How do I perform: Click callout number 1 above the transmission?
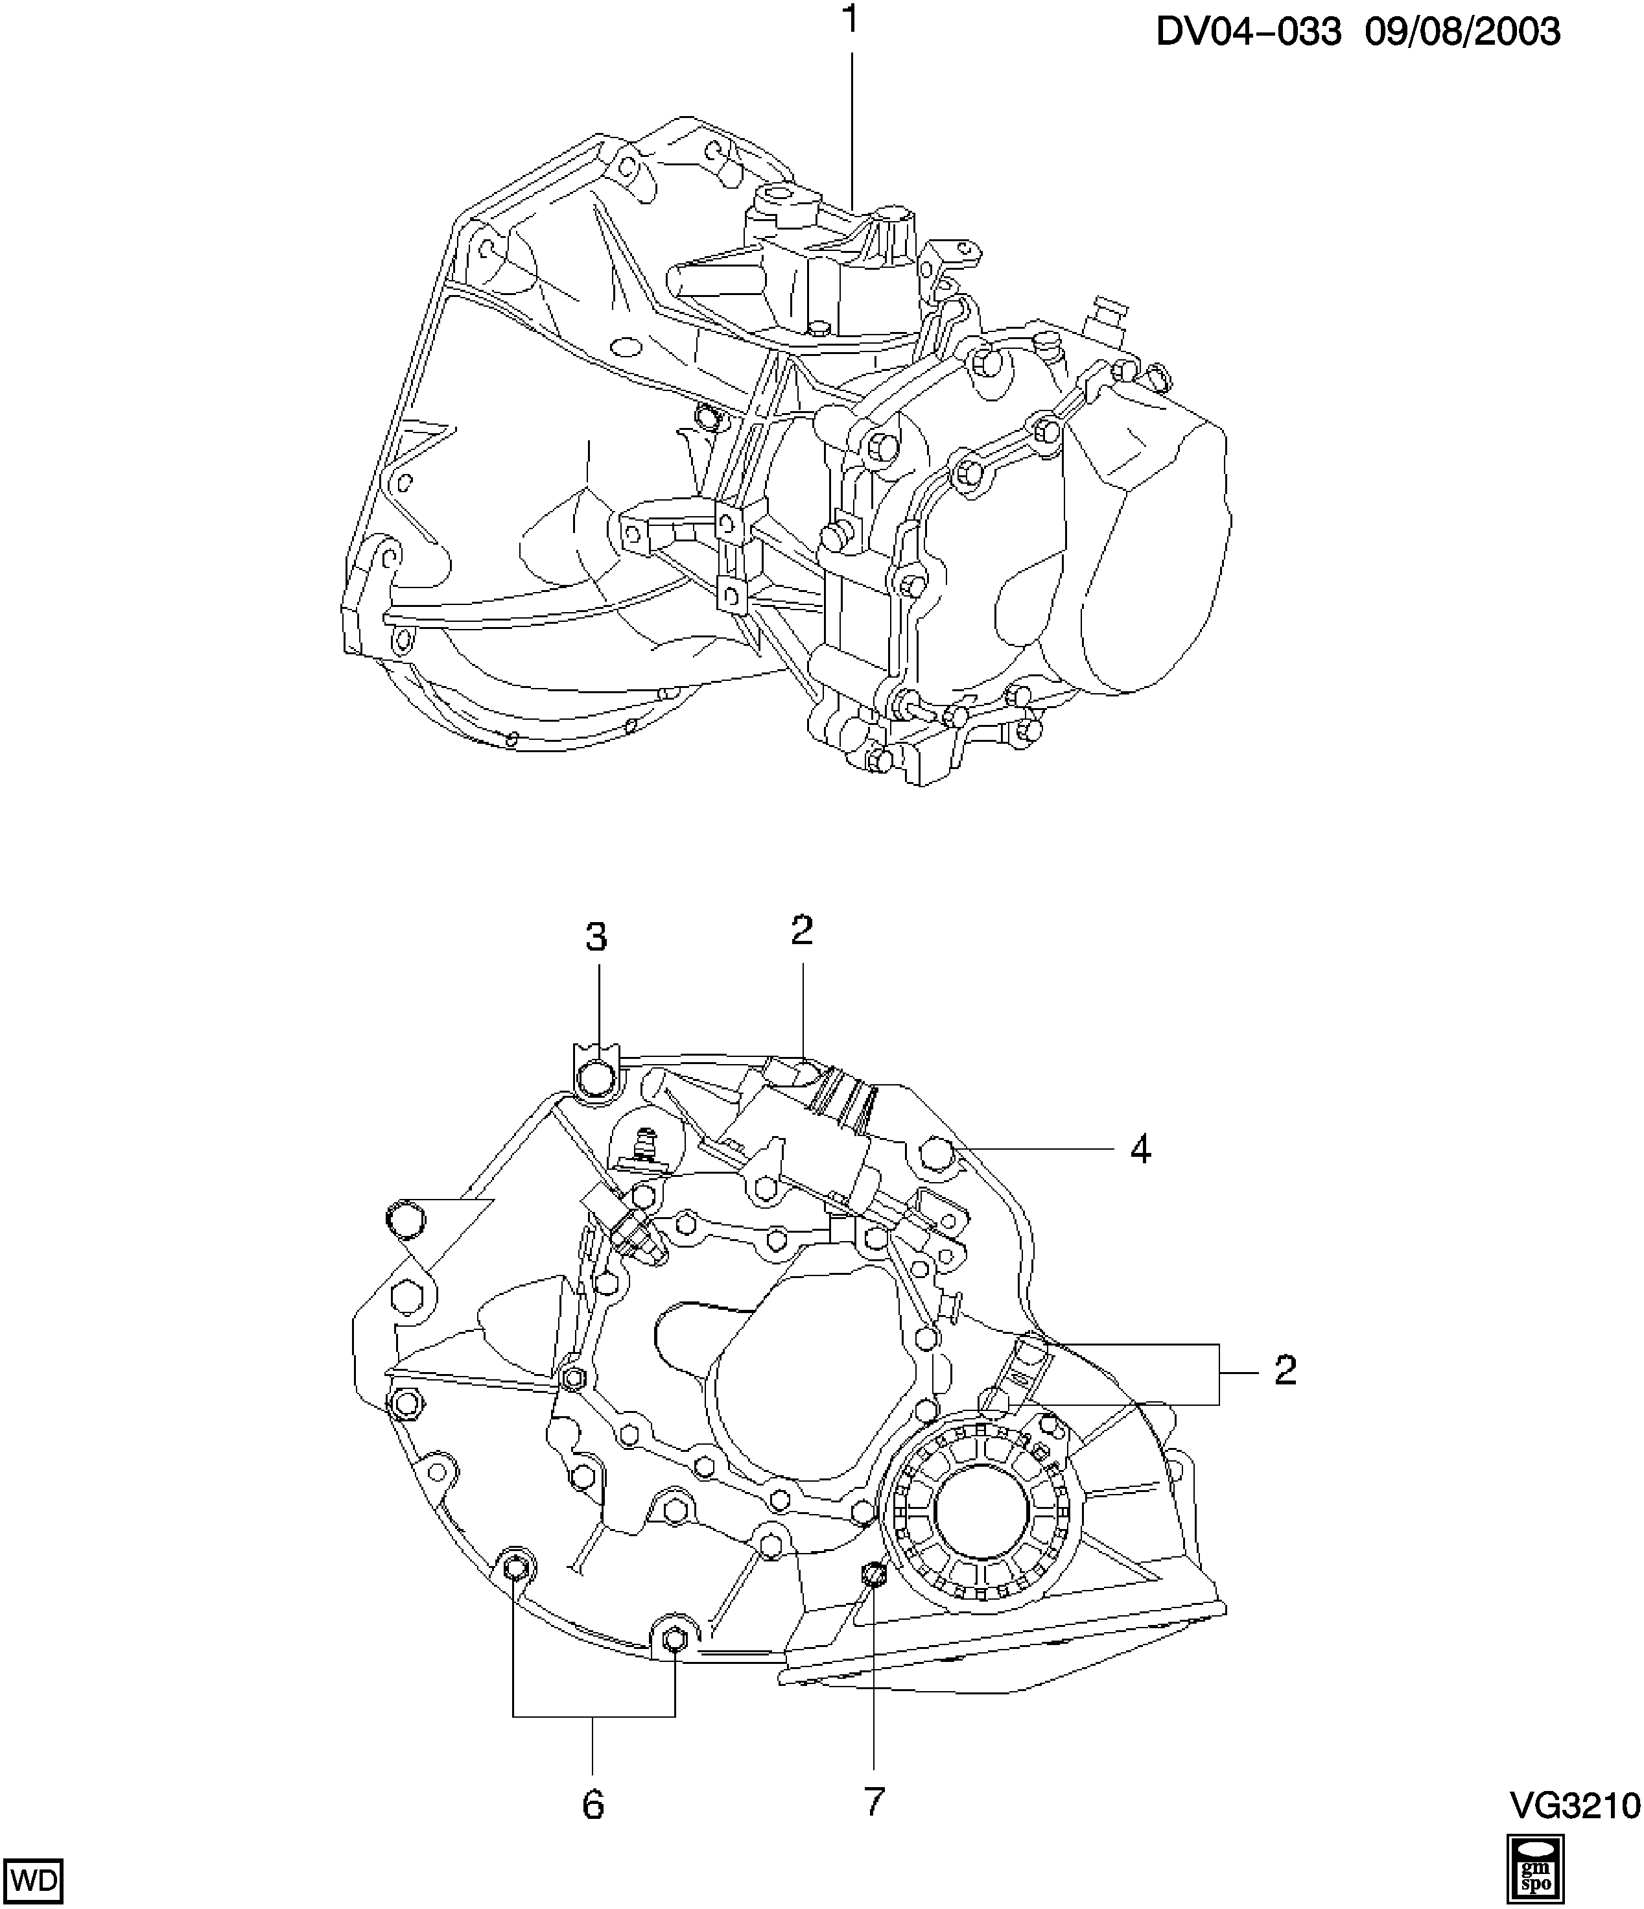[851, 19]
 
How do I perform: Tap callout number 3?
[597, 937]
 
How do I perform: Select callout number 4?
[1140, 1149]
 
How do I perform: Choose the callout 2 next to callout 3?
[802, 931]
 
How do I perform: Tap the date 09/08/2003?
[1462, 32]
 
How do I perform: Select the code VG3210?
[1575, 1805]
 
